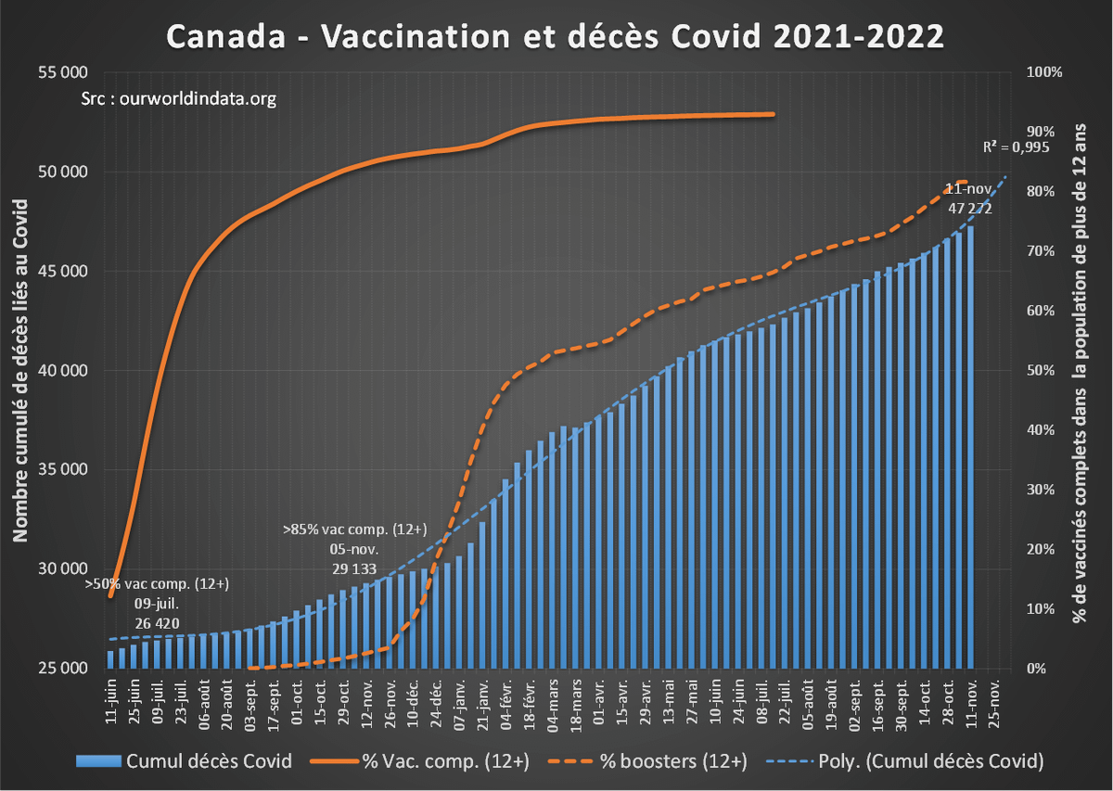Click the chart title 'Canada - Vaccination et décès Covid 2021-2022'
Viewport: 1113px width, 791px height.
click(x=556, y=36)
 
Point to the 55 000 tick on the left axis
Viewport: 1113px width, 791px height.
click(x=62, y=72)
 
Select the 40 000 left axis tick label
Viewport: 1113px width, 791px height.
click(x=62, y=370)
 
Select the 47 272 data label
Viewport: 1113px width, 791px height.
click(x=970, y=209)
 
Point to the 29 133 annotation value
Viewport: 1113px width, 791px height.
click(x=354, y=568)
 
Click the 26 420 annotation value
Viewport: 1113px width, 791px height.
click(x=157, y=622)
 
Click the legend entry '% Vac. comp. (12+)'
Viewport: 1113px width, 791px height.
click(x=445, y=762)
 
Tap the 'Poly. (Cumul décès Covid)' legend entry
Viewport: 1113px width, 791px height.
click(x=927, y=762)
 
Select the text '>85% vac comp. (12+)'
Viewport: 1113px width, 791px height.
click(x=354, y=530)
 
